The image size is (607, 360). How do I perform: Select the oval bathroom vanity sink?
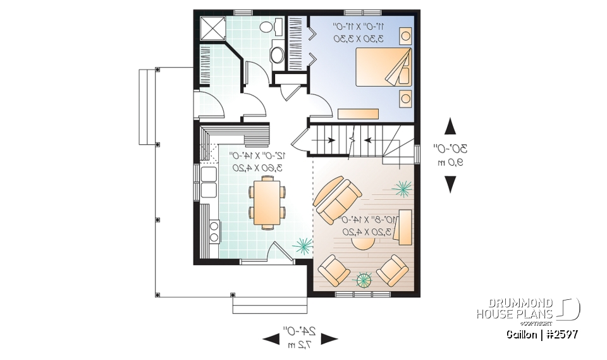click(278, 54)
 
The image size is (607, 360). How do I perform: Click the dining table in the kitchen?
click(265, 202)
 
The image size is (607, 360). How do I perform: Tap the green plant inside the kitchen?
click(302, 244)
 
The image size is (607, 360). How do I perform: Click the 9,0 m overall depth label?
click(450, 163)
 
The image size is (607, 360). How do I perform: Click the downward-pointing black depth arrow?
click(450, 183)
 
